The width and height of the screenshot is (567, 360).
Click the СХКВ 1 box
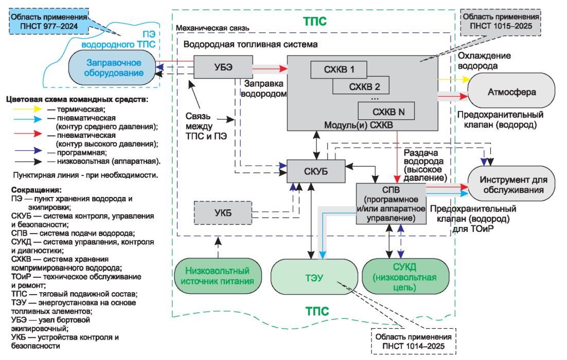pyautogui.click(x=339, y=69)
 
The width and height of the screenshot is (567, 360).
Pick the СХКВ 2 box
pyautogui.click(x=361, y=86)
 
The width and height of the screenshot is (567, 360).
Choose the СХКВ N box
pyautogui.click(x=386, y=111)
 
